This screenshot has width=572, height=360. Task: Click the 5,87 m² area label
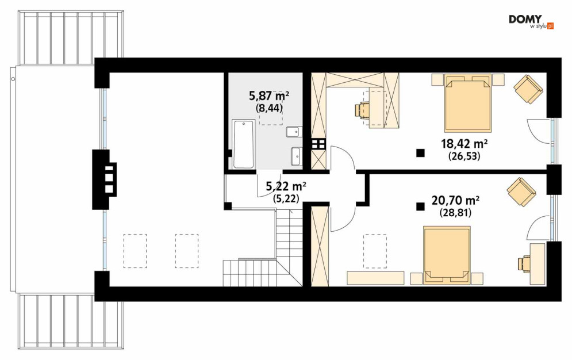(x=269, y=96)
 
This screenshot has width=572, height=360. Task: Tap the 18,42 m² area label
(x=464, y=144)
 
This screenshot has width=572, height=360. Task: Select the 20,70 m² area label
(x=455, y=200)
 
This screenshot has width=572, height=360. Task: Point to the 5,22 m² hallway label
(x=286, y=186)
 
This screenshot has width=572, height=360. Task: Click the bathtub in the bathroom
(x=243, y=144)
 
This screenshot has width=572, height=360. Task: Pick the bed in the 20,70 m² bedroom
(x=447, y=255)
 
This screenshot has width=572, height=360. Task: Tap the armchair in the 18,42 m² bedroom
(x=528, y=89)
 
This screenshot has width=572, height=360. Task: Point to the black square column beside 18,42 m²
(x=421, y=153)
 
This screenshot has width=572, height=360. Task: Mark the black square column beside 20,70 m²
(x=421, y=207)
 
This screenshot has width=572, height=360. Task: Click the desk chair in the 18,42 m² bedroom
(x=363, y=110)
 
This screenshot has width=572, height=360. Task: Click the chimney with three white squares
(x=105, y=179)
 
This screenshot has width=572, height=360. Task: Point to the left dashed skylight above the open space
(x=135, y=251)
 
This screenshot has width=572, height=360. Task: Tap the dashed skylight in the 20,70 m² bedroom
(x=375, y=251)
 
